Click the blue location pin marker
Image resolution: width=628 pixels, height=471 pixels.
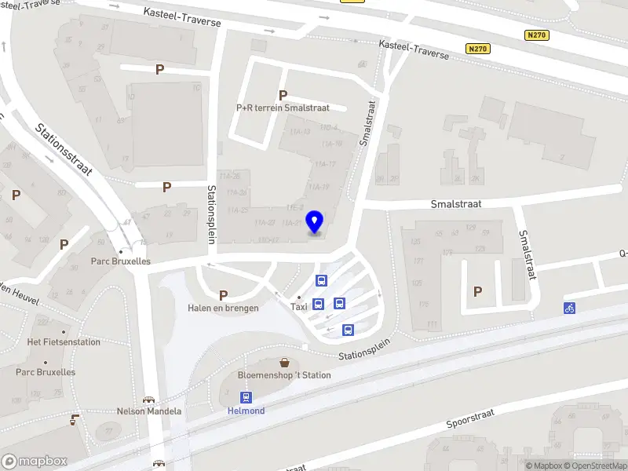315,222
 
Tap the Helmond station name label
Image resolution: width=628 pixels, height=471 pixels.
246,411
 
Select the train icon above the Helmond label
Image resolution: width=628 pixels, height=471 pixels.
246,397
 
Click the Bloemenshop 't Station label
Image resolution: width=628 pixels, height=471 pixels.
284,375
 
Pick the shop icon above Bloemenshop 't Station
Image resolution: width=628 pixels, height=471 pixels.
285,363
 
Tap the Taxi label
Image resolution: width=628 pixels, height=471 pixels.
298,307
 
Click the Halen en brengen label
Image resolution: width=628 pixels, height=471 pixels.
223,309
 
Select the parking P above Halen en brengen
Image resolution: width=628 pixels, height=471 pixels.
223,295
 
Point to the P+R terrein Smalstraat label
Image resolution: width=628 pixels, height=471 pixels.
283,108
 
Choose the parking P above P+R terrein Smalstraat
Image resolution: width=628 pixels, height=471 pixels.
283,95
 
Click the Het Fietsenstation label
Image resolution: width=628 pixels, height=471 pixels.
64,341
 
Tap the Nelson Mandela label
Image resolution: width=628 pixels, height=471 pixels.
149,411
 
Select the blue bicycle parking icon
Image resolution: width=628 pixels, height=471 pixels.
569,309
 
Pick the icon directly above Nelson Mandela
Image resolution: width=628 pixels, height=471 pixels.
148,400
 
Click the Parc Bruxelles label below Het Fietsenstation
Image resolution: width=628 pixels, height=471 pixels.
46,372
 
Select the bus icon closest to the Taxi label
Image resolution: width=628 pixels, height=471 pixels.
319,305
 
